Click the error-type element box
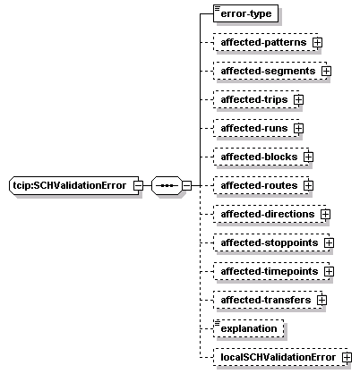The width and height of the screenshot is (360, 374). [245, 13]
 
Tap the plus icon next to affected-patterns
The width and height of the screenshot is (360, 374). [317, 42]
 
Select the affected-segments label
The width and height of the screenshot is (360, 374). [268, 71]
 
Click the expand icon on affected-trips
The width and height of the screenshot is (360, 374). [298, 99]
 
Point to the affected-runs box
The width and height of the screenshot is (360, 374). [256, 128]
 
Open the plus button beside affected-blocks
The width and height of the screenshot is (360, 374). [308, 157]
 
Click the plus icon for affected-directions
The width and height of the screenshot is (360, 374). [325, 214]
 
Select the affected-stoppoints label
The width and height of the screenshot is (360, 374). [270, 242]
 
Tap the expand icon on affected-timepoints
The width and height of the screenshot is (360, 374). [329, 271]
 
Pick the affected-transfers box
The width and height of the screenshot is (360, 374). [268, 300]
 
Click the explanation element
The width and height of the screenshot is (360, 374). [249, 328]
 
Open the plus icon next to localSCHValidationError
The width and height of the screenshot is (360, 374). [347, 357]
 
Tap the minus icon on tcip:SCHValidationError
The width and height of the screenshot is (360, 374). [138, 185]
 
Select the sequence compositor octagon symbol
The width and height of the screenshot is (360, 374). [167, 185]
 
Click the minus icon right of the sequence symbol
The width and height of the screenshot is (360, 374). [186, 185]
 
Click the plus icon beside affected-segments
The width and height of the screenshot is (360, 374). [326, 71]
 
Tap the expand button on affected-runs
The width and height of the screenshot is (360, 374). [298, 128]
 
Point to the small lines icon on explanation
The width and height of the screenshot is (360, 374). [217, 322]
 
